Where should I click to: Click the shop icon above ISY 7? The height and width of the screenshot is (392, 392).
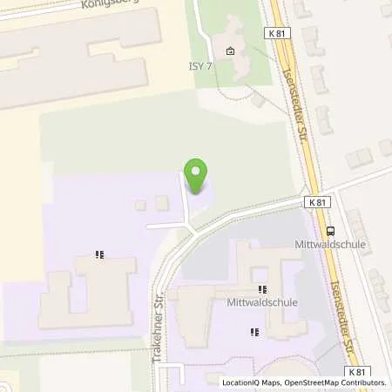click(x=230, y=51)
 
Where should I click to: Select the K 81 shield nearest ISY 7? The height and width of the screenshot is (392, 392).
click(x=277, y=32)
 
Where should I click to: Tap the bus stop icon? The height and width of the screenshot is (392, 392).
click(x=330, y=231)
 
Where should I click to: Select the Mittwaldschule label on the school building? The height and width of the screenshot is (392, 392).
click(x=260, y=303)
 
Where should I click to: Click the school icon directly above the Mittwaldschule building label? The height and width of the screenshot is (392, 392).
click(x=261, y=289)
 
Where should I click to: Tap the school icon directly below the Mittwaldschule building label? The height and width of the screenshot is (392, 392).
click(x=253, y=331)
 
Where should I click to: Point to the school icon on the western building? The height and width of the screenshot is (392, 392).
click(x=100, y=256)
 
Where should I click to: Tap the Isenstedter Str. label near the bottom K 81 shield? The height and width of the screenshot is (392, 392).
click(x=350, y=332)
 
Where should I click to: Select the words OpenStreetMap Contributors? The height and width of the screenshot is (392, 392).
click(x=335, y=382)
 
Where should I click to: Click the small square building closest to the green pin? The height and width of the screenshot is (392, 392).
click(x=161, y=203)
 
